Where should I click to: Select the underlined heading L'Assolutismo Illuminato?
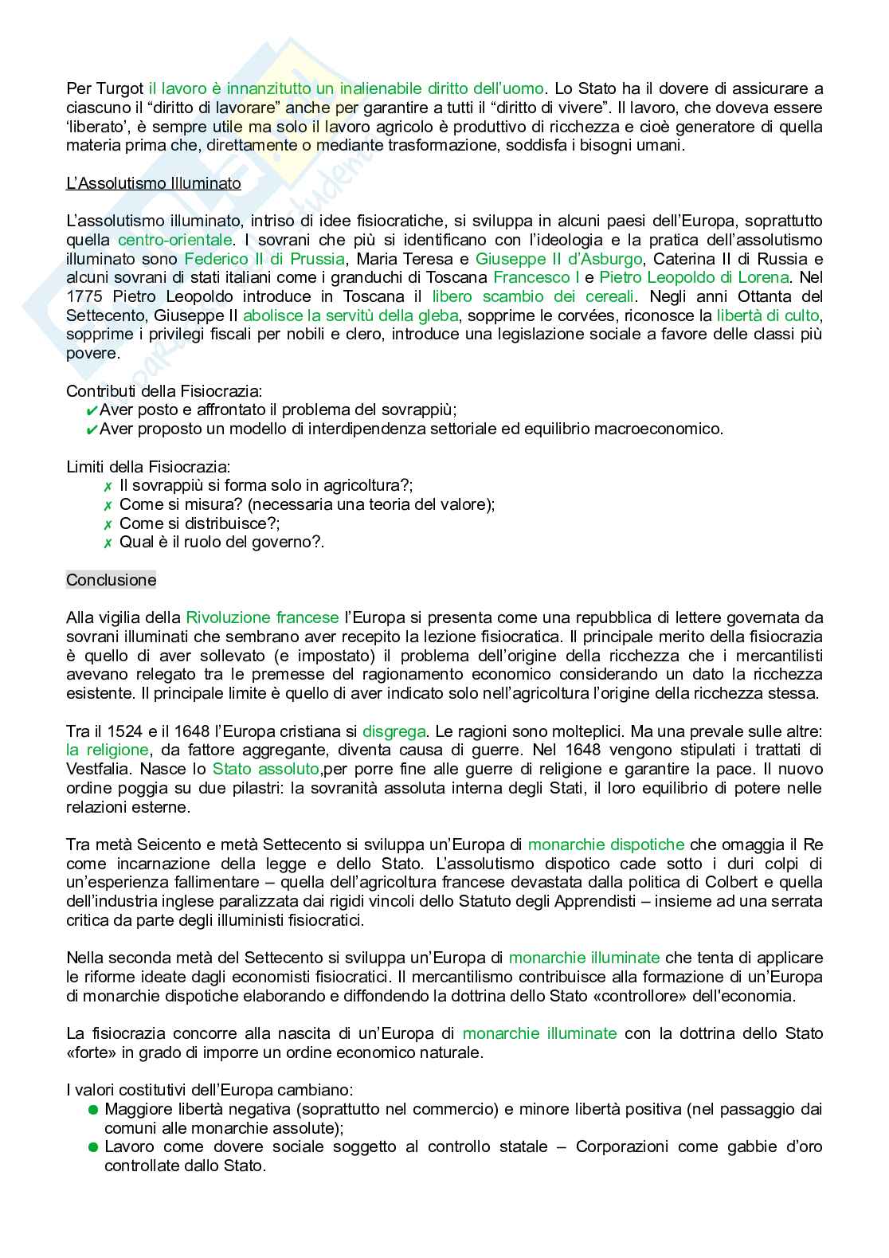coord(153,183)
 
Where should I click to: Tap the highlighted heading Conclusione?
coord(111,580)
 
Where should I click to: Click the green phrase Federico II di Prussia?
coord(264,259)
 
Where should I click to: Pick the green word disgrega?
coord(394,731)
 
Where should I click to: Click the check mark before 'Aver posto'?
coord(91,411)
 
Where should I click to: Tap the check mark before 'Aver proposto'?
coord(91,430)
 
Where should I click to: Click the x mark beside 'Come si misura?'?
coord(108,505)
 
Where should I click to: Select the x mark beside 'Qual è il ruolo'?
coord(108,543)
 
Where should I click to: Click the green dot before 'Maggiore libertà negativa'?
coord(93,1110)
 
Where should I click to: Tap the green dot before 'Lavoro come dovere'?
coord(93,1147)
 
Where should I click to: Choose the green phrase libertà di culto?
coord(767,316)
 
